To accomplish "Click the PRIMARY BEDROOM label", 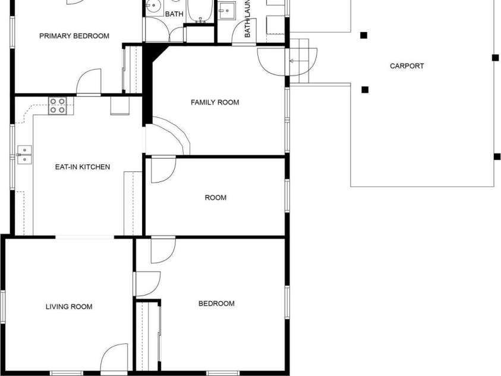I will click(x=74, y=36).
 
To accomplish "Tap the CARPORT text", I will click(x=407, y=66).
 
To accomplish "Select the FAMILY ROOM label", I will click(x=215, y=102).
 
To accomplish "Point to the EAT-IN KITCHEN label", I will click(x=82, y=167).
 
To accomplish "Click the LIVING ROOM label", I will click(x=69, y=307).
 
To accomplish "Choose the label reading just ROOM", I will click(x=215, y=198).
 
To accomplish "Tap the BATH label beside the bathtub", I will click(x=174, y=14).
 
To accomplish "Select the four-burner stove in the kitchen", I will click(x=58, y=106).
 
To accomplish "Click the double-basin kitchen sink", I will click(x=24, y=154).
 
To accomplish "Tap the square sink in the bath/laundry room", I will click(x=226, y=10).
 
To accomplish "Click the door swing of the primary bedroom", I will click(x=89, y=82).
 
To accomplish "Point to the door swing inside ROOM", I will click(x=162, y=169).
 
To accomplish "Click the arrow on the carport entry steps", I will click(x=291, y=61).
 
